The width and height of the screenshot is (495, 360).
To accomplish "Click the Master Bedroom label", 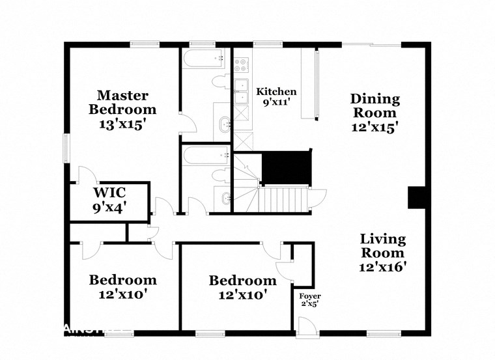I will click(x=122, y=102).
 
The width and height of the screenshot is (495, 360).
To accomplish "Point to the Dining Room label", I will click(x=375, y=112).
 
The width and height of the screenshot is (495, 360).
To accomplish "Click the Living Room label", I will click(x=383, y=253).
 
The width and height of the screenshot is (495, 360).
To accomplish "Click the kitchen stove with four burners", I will click(x=242, y=64).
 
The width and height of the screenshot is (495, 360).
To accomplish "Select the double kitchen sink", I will click(x=242, y=91).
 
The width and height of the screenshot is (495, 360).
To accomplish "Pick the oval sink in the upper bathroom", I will click(x=223, y=123).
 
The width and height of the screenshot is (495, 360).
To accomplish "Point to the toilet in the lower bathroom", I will click(x=220, y=175).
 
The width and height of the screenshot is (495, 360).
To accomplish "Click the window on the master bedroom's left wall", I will click(x=65, y=147).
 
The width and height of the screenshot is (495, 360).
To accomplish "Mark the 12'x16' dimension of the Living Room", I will click(x=382, y=266).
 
